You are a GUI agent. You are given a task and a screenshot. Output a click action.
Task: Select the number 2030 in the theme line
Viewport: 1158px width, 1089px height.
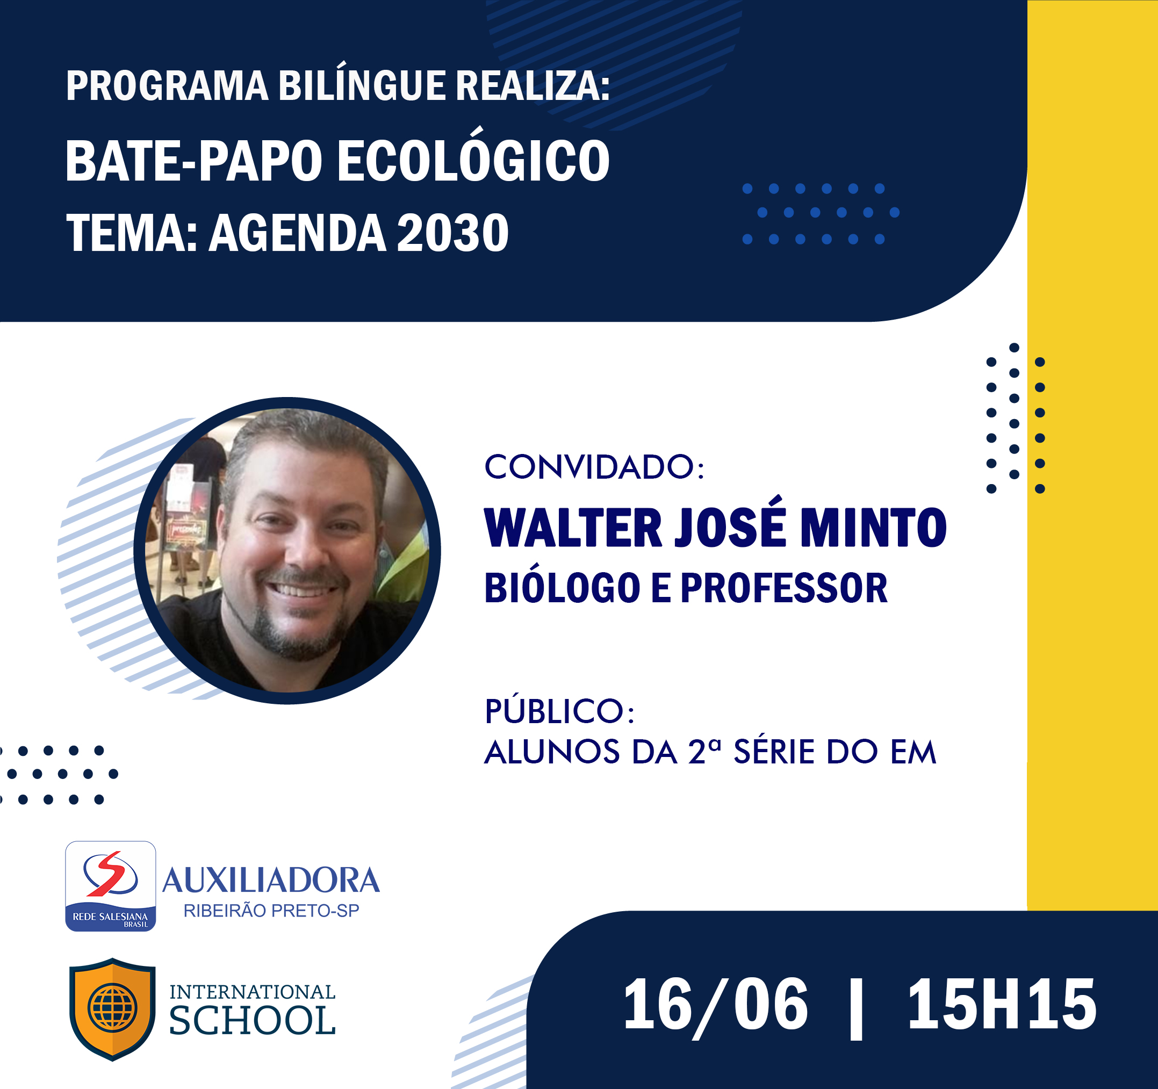pyautogui.click(x=452, y=233)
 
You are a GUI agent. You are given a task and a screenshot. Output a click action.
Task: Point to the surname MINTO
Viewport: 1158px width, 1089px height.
pyautogui.click(x=873, y=528)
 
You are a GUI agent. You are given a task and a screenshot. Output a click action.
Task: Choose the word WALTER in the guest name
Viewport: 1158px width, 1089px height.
pyautogui.click(x=573, y=528)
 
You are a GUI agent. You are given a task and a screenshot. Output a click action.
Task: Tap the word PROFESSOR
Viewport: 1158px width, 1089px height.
pyautogui.click(x=783, y=588)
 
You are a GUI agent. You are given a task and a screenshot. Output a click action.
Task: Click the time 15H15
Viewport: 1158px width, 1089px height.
pyautogui.click(x=1002, y=1005)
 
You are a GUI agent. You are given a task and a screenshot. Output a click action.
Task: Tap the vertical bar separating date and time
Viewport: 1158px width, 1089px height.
pyautogui.click(x=856, y=1008)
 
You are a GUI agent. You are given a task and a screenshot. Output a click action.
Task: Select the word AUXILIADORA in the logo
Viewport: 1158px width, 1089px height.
pyautogui.click(x=271, y=881)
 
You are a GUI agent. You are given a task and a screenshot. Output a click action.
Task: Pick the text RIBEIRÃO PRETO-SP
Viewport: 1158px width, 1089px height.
pyautogui.click(x=271, y=910)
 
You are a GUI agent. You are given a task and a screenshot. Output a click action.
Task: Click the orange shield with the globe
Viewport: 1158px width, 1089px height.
pyautogui.click(x=112, y=1008)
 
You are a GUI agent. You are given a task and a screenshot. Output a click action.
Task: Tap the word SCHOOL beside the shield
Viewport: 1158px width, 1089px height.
pyautogui.click(x=252, y=1021)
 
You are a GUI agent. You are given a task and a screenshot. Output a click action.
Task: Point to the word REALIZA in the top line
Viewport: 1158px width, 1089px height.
pyautogui.click(x=533, y=85)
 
